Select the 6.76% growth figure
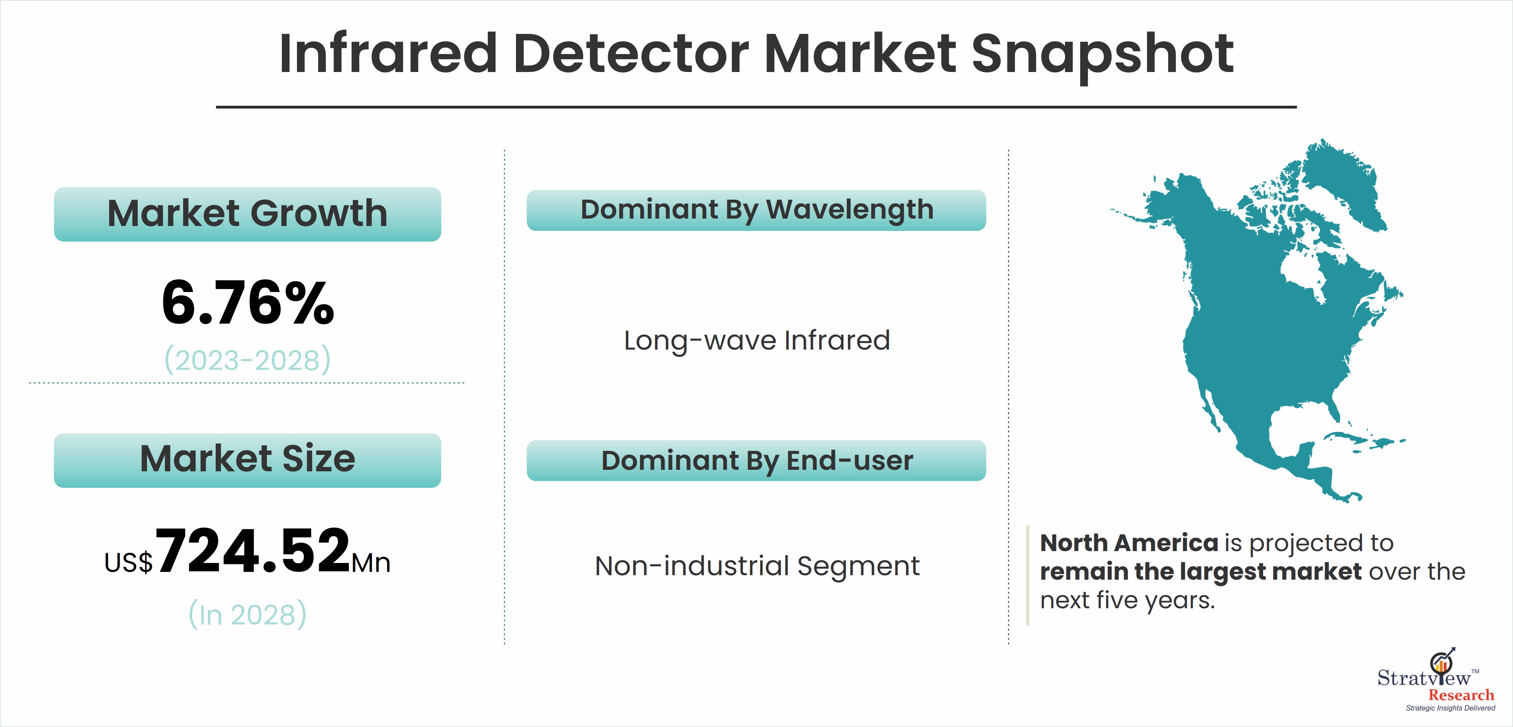tap(248, 302)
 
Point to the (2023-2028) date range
tap(247, 359)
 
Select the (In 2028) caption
tap(247, 614)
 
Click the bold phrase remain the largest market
tap(1200, 572)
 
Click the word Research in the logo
tap(1461, 695)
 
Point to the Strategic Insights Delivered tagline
tap(1450, 708)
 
